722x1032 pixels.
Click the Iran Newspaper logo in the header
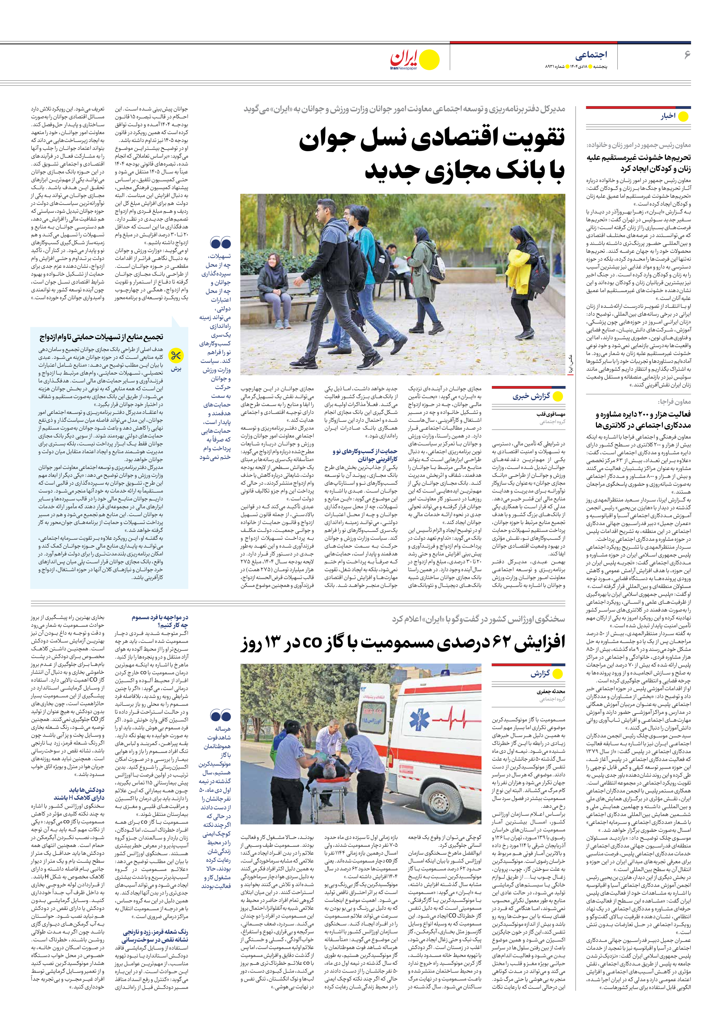point(414,59)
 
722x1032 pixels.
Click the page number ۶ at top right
point(686,55)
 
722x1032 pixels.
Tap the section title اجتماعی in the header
point(591,55)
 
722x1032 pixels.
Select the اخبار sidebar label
point(668,116)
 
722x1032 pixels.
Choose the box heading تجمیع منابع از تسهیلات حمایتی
point(101,337)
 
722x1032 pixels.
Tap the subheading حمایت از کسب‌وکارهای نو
point(364,455)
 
